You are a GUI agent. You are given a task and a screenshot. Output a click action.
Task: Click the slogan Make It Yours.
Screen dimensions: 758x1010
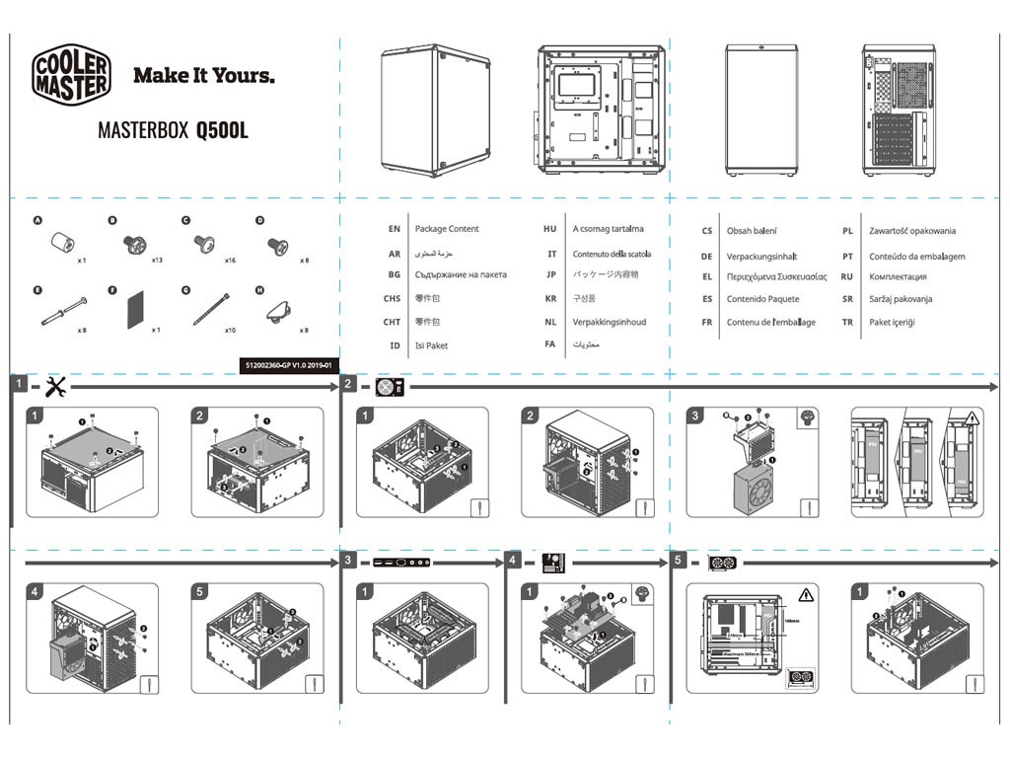(204, 75)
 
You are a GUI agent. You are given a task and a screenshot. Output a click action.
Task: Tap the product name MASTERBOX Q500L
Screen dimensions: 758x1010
(173, 130)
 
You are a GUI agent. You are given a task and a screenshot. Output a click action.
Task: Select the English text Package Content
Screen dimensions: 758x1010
(447, 229)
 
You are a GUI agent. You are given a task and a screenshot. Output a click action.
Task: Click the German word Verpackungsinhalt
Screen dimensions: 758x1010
(761, 256)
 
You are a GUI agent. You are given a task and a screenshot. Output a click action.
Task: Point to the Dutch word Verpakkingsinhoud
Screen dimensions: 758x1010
(610, 322)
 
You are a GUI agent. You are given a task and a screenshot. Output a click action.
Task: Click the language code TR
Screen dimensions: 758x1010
(847, 322)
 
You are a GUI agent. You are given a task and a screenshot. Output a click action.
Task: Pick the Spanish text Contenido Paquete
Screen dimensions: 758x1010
(762, 299)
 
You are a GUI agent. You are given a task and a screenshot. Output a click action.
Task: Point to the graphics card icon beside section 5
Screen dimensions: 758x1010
(723, 564)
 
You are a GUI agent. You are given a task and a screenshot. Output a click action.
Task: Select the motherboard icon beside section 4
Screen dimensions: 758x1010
(553, 563)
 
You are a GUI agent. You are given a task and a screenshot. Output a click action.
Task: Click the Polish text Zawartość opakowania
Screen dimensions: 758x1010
(912, 231)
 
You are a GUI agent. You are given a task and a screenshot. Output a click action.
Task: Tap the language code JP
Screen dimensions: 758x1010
(551, 275)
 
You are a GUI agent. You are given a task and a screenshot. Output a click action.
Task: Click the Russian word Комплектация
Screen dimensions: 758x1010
(898, 277)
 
